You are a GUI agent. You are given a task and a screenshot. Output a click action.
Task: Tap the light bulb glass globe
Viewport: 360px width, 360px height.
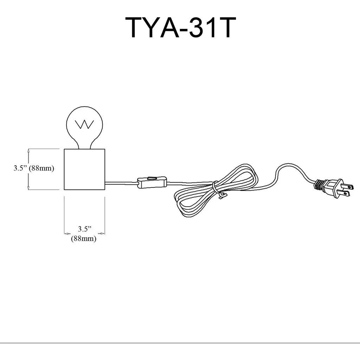(84, 120)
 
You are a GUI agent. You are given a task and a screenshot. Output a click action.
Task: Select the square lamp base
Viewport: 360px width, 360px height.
(84, 169)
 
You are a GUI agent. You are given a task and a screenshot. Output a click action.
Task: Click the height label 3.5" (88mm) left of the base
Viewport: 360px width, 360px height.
(34, 168)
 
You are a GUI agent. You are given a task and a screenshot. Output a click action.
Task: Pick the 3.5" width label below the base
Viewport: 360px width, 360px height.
(84, 229)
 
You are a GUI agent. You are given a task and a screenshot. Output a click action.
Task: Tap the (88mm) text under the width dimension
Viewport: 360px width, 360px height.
(84, 238)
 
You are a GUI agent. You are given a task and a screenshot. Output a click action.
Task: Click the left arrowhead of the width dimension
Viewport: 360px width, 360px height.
(66, 233)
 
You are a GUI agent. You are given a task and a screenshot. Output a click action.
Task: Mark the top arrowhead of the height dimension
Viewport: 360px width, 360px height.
(28, 150)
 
